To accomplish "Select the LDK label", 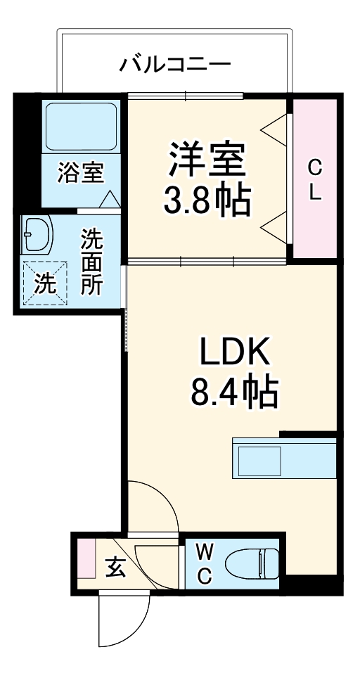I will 235,352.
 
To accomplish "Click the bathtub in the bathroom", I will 80,127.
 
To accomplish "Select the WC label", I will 203,563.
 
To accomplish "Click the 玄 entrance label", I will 115,566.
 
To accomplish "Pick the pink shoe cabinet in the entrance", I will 86,557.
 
